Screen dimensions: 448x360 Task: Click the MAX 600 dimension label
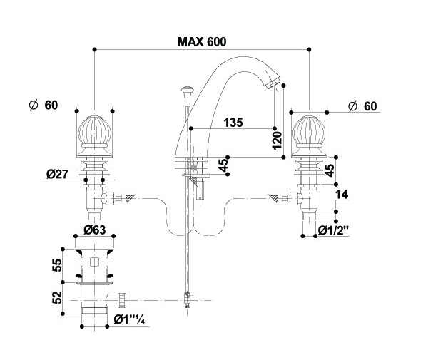pyautogui.click(x=202, y=42)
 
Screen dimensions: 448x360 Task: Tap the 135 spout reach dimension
pyautogui.click(x=233, y=123)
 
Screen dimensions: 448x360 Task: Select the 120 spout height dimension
pyautogui.click(x=277, y=140)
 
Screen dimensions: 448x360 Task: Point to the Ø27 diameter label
pyautogui.click(x=58, y=174)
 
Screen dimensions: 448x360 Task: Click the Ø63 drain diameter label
pyautogui.click(x=95, y=230)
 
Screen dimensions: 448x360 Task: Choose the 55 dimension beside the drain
pyautogui.click(x=57, y=265)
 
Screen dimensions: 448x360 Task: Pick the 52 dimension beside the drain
pyautogui.click(x=57, y=297)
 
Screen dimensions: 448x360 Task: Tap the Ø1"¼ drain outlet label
pyautogui.click(x=129, y=320)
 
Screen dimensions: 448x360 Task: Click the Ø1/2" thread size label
pyautogui.click(x=333, y=230)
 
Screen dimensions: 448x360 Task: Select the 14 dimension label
pyautogui.click(x=342, y=195)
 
